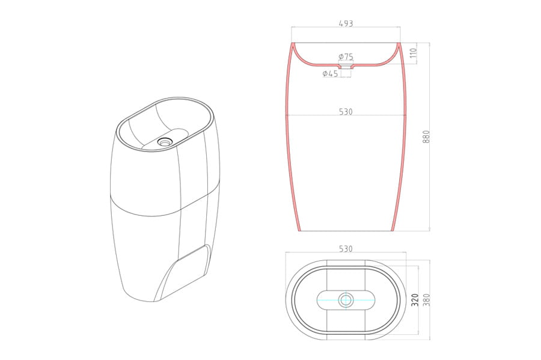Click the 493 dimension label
[346, 23]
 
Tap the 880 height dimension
[426, 137]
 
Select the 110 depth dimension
[414, 53]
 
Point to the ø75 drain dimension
[346, 56]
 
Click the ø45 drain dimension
[330, 73]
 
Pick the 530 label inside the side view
[346, 112]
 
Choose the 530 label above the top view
[346, 249]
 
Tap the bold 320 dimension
[415, 300]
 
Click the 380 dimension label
[426, 300]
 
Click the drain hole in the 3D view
[164, 141]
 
